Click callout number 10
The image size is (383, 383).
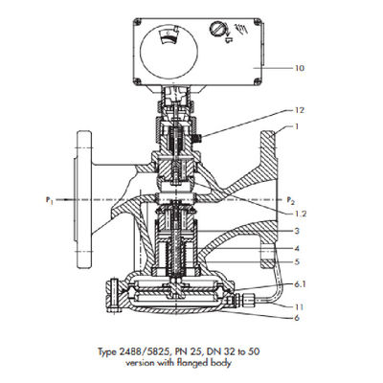(x=300, y=68)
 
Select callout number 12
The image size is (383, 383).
(x=300, y=110)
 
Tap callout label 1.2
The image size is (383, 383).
(x=300, y=214)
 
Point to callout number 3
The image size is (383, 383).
(x=297, y=231)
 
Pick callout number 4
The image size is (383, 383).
(x=297, y=248)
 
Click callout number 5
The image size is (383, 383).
(x=297, y=262)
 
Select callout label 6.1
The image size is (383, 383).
(x=300, y=283)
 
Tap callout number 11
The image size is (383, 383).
(x=300, y=307)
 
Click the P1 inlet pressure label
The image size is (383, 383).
(x=49, y=200)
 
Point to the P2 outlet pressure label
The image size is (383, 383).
(x=290, y=200)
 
